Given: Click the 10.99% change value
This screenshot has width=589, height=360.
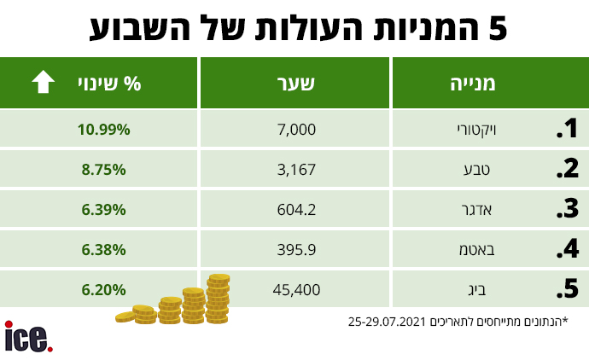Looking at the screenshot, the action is pyautogui.click(x=103, y=130).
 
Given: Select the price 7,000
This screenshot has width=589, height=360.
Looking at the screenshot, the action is pyautogui.click(x=296, y=130).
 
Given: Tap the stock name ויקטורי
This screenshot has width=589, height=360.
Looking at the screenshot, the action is pyautogui.click(x=476, y=131).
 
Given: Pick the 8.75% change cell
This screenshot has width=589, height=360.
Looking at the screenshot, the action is pyautogui.click(x=103, y=170).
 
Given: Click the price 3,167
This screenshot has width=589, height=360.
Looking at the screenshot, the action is pyautogui.click(x=296, y=170).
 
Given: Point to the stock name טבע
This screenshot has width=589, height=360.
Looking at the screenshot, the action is pyautogui.click(x=476, y=170).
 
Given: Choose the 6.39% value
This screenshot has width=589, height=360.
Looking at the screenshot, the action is pyautogui.click(x=103, y=210).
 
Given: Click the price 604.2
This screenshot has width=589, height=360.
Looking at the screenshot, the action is pyautogui.click(x=296, y=210).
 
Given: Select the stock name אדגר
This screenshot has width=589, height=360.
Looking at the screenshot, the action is pyautogui.click(x=476, y=210).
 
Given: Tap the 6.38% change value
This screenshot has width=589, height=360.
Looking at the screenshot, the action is pyautogui.click(x=103, y=250).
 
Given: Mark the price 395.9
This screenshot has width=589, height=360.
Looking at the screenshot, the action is pyautogui.click(x=296, y=250).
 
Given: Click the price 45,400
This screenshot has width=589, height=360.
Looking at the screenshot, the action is pyautogui.click(x=296, y=290).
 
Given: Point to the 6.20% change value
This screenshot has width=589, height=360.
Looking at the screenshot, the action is pyautogui.click(x=103, y=290).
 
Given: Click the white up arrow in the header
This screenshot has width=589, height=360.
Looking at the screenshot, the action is pyautogui.click(x=44, y=81).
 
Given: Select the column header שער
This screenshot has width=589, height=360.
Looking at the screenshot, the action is pyautogui.click(x=295, y=84).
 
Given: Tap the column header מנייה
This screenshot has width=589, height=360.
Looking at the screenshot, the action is pyautogui.click(x=473, y=84).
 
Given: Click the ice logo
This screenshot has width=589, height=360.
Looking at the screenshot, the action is pyautogui.click(x=28, y=337).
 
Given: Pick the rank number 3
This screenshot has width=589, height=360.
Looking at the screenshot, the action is pyautogui.click(x=567, y=209).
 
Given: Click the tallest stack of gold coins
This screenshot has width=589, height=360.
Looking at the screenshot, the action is pyautogui.click(x=218, y=299).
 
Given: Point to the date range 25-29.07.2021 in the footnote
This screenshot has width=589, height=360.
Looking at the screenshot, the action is pyautogui.click(x=387, y=322).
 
